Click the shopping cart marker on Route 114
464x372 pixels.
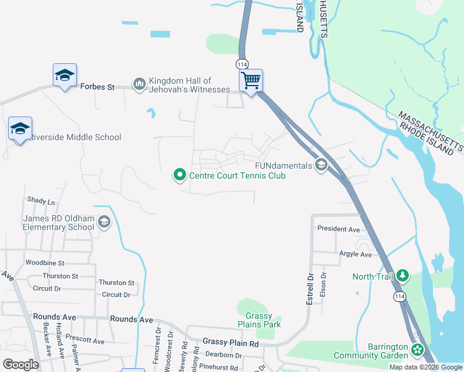coord(251,80)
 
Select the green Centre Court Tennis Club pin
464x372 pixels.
coord(180,175)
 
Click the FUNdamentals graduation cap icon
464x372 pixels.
coord(321,165)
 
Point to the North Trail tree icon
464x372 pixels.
coord(403,275)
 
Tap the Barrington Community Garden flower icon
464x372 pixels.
coord(417,351)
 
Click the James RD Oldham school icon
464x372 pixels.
coord(104,223)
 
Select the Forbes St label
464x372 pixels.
coord(98,87)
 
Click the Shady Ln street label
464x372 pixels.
coord(41,201)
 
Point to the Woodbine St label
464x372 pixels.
coord(45,263)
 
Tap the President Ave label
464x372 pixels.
coord(339,229)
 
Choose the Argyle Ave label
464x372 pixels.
coord(355,254)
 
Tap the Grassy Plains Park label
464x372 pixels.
coord(259,320)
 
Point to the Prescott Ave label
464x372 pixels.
coord(87,340)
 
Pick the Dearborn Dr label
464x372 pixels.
coord(223,355)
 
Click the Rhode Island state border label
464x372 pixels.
coord(429,135)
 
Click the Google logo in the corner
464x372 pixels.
coord(20,364)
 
